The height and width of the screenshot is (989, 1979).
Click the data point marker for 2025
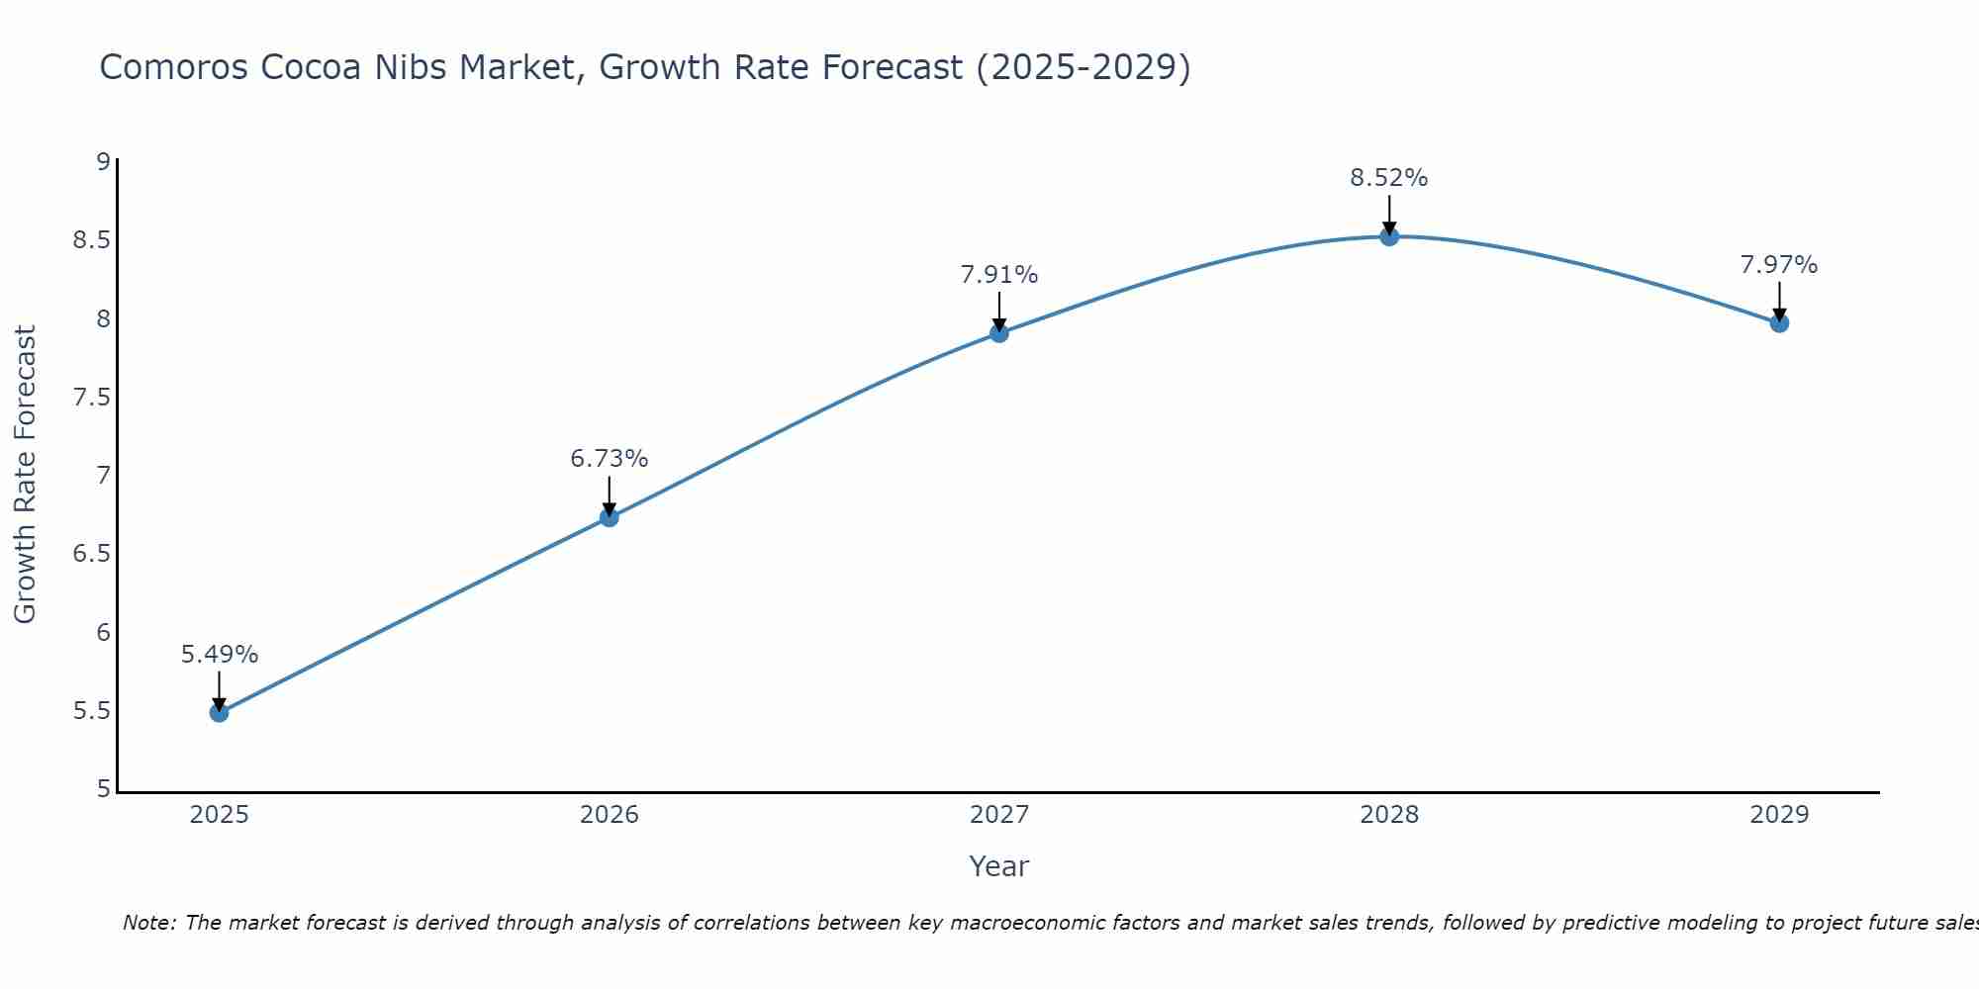tap(220, 712)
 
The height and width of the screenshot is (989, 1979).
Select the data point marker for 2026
tap(610, 517)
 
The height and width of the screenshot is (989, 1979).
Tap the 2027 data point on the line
tap(999, 333)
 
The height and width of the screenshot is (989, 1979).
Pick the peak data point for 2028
tap(1389, 236)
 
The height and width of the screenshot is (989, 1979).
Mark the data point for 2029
tap(1779, 323)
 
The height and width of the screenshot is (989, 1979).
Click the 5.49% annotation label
tap(220, 655)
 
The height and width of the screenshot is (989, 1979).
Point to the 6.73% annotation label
tap(610, 459)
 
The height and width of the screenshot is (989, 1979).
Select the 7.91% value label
tap(999, 275)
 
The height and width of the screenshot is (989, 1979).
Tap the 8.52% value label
tap(1389, 178)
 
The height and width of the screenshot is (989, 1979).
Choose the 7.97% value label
tap(1779, 265)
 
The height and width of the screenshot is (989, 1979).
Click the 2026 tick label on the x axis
tap(610, 815)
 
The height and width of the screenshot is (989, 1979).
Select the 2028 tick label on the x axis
tap(1389, 815)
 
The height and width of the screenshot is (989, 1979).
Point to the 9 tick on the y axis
tap(103, 161)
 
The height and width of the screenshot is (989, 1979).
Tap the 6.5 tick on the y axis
tap(91, 554)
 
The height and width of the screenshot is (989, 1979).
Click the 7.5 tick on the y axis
tap(91, 398)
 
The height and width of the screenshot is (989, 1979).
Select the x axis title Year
tap(999, 866)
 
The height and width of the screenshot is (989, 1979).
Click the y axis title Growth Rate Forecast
tap(25, 475)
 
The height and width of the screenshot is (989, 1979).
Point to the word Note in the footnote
tap(148, 923)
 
